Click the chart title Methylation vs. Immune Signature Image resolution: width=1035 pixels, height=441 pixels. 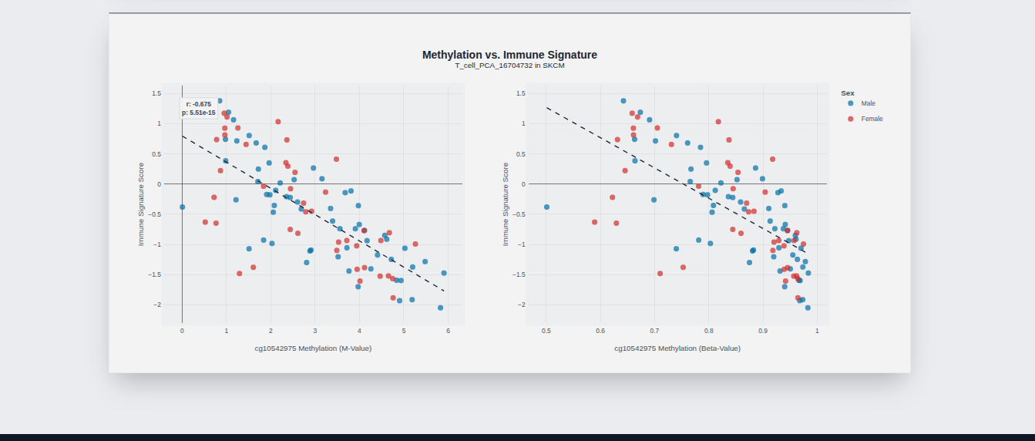pyautogui.click(x=509, y=55)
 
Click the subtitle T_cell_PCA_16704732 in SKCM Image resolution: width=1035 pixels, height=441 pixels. pyautogui.click(x=509, y=66)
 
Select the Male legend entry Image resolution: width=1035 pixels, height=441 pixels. pyautogui.click(x=868, y=103)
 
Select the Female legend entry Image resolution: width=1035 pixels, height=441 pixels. pyautogui.click(x=872, y=119)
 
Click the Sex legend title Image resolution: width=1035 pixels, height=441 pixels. pyautogui.click(x=848, y=93)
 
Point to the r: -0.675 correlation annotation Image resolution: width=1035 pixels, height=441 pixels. pyautogui.click(x=198, y=104)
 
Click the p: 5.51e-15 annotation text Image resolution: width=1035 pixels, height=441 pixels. pyautogui.click(x=199, y=113)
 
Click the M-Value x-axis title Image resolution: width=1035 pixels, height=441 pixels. pyautogui.click(x=313, y=348)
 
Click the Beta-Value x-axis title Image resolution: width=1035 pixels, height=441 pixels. pyautogui.click(x=677, y=348)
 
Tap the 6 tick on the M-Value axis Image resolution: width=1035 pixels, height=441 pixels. pyautogui.click(x=448, y=331)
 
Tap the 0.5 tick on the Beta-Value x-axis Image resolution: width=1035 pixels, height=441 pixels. pyautogui.click(x=546, y=331)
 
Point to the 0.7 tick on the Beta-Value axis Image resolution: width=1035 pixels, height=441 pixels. pyautogui.click(x=654, y=331)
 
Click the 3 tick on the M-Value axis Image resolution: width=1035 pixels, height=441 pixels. pyautogui.click(x=315, y=331)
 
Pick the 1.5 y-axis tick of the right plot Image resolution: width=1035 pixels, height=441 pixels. pyautogui.click(x=521, y=93)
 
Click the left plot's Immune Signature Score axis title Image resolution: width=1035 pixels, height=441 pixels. pyautogui.click(x=141, y=204)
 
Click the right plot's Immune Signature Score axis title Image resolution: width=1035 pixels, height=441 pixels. pyautogui.click(x=506, y=204)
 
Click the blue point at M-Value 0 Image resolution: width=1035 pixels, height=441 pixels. pyautogui.click(x=183, y=207)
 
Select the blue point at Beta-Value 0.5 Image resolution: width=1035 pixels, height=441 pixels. pyautogui.click(x=546, y=207)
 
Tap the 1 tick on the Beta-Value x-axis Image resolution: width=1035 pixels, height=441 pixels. pyautogui.click(x=817, y=331)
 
